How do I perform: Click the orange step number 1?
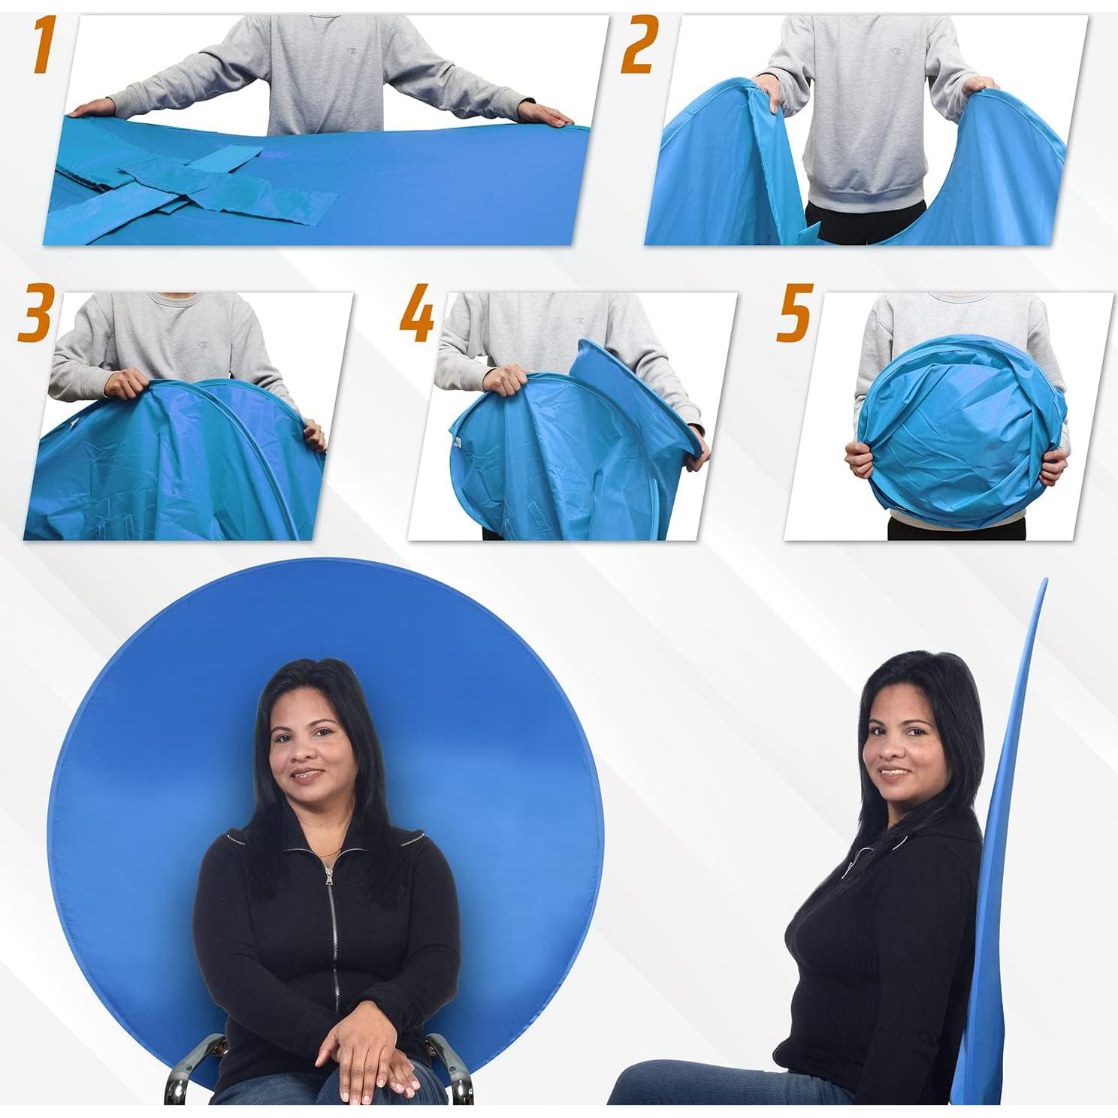click(44, 47)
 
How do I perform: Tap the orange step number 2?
click(638, 47)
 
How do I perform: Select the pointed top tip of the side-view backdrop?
click(1044, 583)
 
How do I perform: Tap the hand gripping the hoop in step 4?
click(504, 379)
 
